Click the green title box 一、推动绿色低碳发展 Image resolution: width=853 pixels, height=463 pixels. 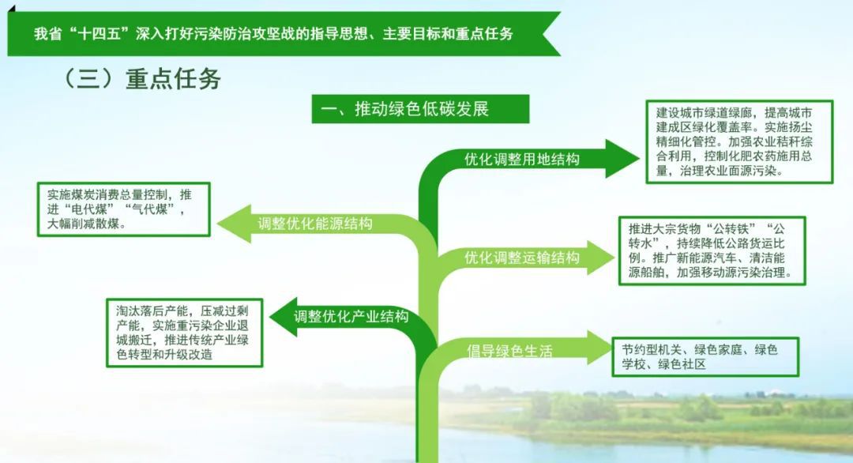420,109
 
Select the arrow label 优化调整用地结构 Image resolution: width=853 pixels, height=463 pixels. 522,159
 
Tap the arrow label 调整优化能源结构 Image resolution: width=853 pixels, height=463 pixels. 315,223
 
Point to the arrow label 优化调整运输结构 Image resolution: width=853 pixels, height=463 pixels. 522,257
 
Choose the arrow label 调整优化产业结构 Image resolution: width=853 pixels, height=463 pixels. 351,316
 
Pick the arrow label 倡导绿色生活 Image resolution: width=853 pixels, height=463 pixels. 509,350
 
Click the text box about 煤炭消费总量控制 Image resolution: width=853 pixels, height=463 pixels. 123,209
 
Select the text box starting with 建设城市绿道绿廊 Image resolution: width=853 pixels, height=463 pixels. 739,142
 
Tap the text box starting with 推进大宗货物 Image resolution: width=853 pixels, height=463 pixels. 712,250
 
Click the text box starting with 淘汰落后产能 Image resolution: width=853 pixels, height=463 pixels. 184,333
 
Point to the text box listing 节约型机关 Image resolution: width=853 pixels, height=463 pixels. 705,357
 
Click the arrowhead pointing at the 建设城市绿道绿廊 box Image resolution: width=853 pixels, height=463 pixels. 622,158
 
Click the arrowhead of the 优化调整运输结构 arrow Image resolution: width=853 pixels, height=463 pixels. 602,258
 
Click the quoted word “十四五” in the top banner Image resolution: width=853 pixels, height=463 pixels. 100,34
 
